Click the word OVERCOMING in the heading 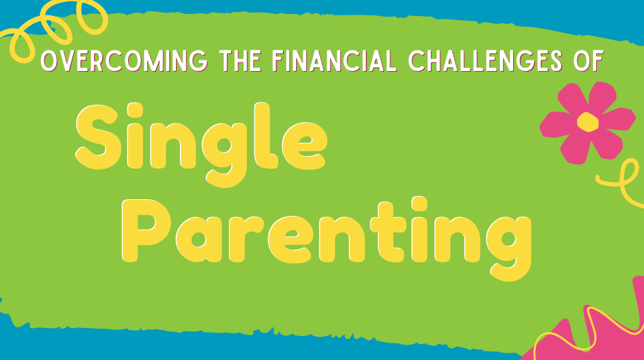pos(124,61)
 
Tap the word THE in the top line pos(240,61)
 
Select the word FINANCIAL pos(334,61)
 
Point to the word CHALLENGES pos(485,61)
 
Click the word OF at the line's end pos(588,61)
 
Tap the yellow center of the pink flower pos(588,122)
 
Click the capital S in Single pos(98,137)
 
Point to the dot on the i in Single pos(135,110)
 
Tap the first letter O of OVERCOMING pos(48,61)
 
